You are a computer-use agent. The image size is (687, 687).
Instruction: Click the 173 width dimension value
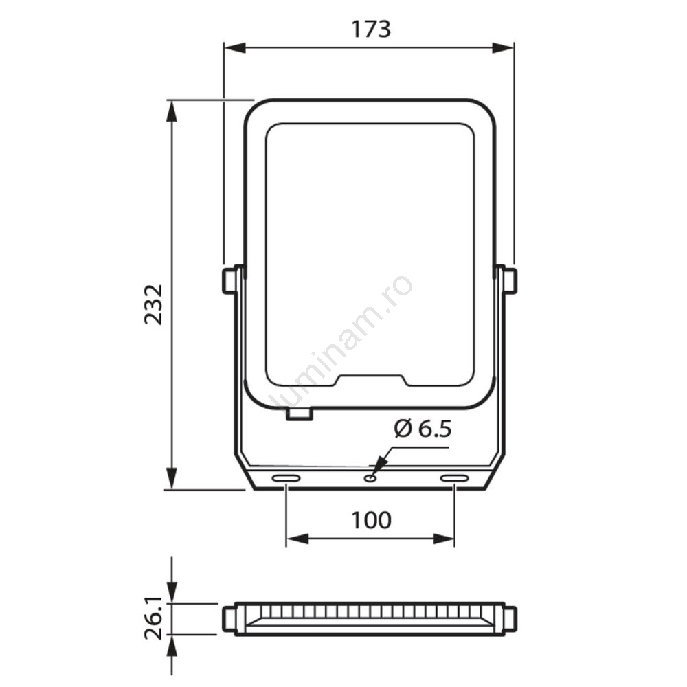click(371, 30)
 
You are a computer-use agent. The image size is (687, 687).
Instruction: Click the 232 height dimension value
click(153, 304)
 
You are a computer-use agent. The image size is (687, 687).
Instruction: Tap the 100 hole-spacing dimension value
click(371, 520)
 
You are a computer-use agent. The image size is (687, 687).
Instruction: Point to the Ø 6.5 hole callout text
click(423, 429)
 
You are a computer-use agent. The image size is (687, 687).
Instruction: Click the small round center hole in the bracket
click(371, 478)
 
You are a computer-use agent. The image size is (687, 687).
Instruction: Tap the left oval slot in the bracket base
click(286, 478)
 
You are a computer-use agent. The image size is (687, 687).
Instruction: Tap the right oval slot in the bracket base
click(454, 478)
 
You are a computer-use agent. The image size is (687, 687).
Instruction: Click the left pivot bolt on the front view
click(228, 280)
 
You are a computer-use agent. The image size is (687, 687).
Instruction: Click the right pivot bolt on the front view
click(510, 280)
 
